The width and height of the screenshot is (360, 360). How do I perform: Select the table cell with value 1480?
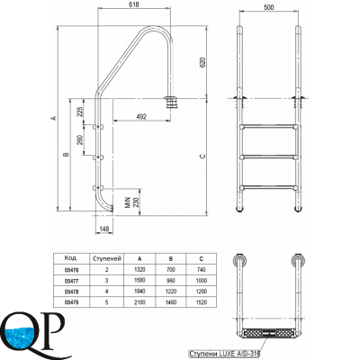[171, 302]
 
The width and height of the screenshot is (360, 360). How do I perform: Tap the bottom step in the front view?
[266, 184]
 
